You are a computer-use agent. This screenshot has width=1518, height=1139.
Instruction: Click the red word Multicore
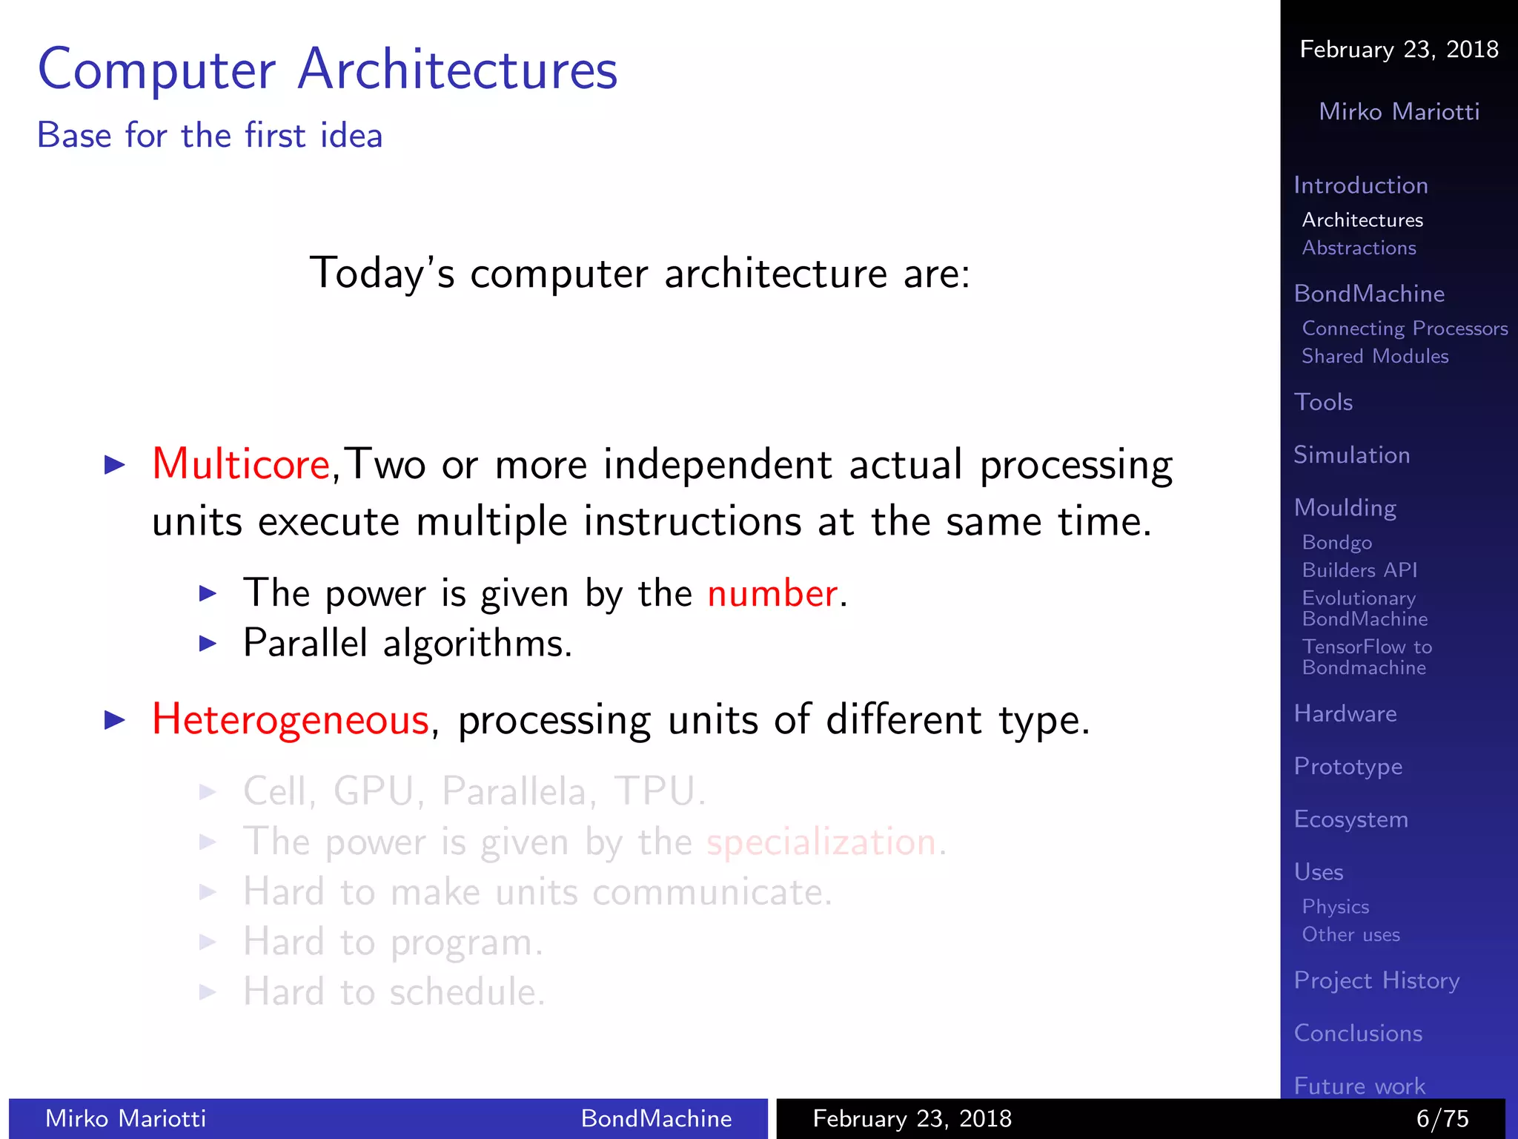241,465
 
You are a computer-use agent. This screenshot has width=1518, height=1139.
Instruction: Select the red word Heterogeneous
291,720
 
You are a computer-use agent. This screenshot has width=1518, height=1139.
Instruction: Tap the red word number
772,594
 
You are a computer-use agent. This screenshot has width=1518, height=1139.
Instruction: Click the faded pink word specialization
821,842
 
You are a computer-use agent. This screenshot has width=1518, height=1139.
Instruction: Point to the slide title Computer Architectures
328,70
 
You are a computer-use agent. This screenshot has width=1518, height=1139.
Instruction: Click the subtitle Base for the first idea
210,136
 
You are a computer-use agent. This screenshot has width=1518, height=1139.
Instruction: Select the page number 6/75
1442,1118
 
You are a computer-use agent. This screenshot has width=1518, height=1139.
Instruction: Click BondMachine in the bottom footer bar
656,1118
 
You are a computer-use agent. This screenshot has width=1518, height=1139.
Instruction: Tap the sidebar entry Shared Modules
1375,357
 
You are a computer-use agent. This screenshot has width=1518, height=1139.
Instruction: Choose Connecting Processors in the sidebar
1405,329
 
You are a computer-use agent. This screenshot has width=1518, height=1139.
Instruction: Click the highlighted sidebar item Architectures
1362,220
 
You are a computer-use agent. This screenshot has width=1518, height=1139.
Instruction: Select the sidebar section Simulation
1351,455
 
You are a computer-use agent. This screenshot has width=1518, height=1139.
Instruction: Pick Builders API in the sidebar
1359,570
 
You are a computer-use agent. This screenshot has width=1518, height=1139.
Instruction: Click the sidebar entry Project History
1376,981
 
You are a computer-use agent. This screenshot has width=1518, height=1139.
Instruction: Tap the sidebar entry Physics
1336,907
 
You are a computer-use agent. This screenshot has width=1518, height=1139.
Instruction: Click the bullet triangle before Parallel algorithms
208,644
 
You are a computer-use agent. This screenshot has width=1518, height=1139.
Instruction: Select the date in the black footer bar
912,1118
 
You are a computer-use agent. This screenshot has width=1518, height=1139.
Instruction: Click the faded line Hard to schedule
394,992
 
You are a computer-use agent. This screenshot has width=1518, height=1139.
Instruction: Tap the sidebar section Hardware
1345,714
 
